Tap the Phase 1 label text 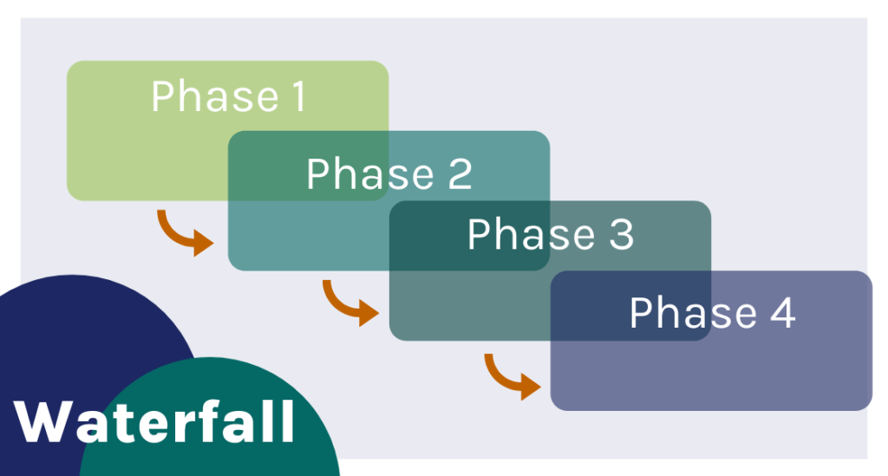point(229,97)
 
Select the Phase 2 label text point(388,174)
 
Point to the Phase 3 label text point(550,235)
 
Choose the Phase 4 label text point(711,313)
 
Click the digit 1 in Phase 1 point(297,97)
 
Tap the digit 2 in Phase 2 point(459,175)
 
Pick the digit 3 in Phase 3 point(620,236)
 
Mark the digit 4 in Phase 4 point(781,314)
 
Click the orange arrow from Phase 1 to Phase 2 point(183,232)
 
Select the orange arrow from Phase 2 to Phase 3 point(349,302)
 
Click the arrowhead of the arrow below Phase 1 point(203,242)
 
